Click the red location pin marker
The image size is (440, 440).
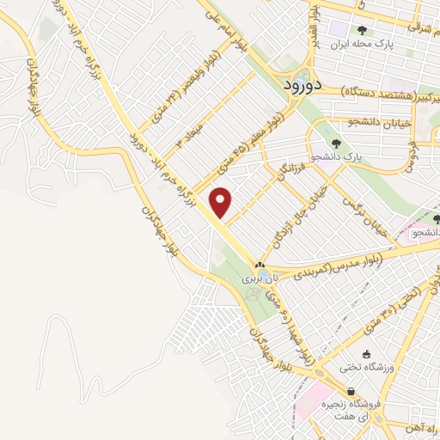click(222, 201)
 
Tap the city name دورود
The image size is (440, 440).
click(305, 85)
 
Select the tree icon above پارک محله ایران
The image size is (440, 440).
click(362, 32)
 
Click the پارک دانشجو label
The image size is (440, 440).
click(347, 157)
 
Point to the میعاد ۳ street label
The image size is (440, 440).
click(188, 136)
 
